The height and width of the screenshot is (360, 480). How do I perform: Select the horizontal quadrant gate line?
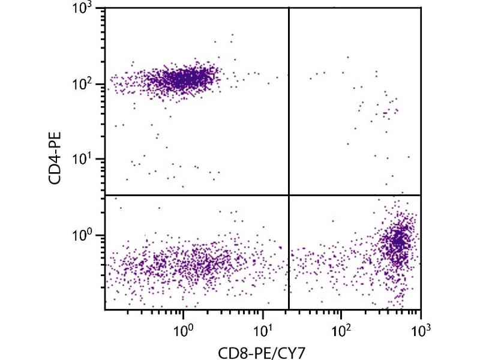(198, 195)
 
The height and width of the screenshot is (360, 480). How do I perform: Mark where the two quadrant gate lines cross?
(289, 195)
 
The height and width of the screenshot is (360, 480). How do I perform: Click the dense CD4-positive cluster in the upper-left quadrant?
(186, 78)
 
